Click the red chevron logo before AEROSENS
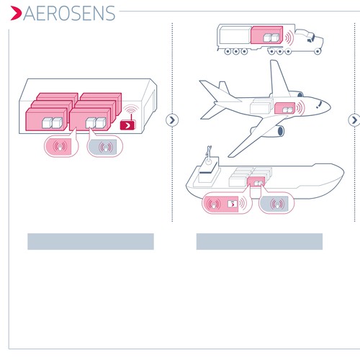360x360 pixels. (17, 13)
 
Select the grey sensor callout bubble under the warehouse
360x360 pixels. (104, 148)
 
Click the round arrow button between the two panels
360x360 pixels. (171, 120)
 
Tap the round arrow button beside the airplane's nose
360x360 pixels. (354, 120)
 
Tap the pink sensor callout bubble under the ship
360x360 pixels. (224, 204)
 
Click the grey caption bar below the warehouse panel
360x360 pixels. (91, 241)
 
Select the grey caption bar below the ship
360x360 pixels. (259, 241)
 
